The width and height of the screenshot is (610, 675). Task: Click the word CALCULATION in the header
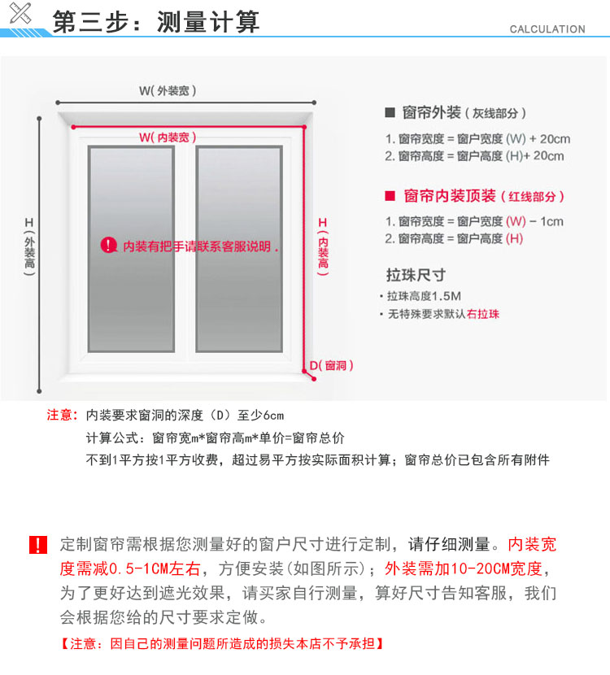(547, 29)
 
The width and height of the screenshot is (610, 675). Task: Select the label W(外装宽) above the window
(168, 91)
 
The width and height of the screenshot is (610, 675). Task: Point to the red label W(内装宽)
(168, 137)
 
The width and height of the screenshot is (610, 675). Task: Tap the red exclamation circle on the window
(109, 245)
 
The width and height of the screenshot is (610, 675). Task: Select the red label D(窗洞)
(331, 366)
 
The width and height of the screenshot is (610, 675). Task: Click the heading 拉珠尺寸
(416, 275)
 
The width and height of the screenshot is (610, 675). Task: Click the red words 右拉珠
(483, 314)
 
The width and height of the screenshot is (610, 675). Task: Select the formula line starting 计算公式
(215, 438)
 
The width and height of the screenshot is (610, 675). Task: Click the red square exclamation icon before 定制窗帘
(38, 545)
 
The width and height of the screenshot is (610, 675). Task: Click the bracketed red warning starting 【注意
(221, 644)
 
